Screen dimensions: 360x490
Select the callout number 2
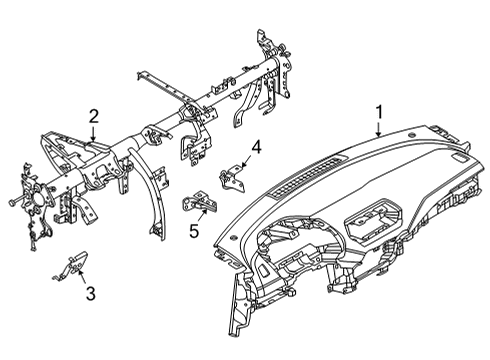(92, 116)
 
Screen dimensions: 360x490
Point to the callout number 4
(256, 147)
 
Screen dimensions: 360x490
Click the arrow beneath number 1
(378, 130)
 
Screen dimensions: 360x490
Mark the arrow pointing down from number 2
(92, 133)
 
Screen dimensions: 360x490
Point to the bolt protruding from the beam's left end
(10, 206)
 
